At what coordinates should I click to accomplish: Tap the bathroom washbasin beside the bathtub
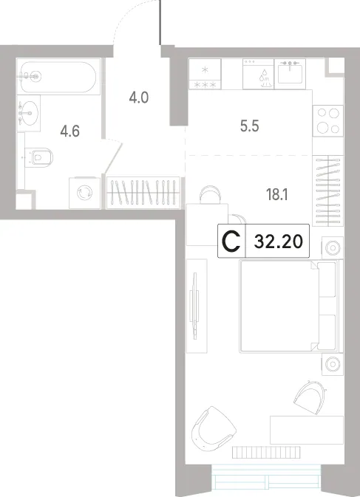pyautogui.click(x=29, y=113)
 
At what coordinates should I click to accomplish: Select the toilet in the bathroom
pyautogui.click(x=39, y=157)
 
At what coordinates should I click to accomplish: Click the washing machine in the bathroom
pyautogui.click(x=85, y=193)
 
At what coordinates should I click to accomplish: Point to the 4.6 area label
pyautogui.click(x=69, y=131)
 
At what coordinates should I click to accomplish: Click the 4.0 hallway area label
pyautogui.click(x=139, y=97)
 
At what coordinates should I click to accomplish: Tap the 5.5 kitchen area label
pyautogui.click(x=250, y=126)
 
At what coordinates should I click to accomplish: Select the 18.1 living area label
pyautogui.click(x=277, y=194)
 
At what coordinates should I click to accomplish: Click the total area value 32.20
pyautogui.click(x=279, y=242)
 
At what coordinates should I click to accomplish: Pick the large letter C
pyautogui.click(x=231, y=241)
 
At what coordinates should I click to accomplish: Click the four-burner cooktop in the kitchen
pyautogui.click(x=328, y=121)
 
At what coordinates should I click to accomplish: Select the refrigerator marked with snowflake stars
pyautogui.click(x=205, y=74)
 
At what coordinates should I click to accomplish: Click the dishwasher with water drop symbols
pyautogui.click(x=258, y=74)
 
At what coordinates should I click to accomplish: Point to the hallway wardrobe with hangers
pyautogui.click(x=143, y=193)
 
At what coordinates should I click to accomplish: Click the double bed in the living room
pyautogui.click(x=291, y=306)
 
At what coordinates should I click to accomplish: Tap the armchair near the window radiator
pyautogui.click(x=214, y=428)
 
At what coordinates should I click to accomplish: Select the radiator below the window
pyautogui.click(x=266, y=452)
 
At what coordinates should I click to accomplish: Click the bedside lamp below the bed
pyautogui.click(x=333, y=364)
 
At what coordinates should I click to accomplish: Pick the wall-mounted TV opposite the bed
pyautogui.click(x=194, y=306)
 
